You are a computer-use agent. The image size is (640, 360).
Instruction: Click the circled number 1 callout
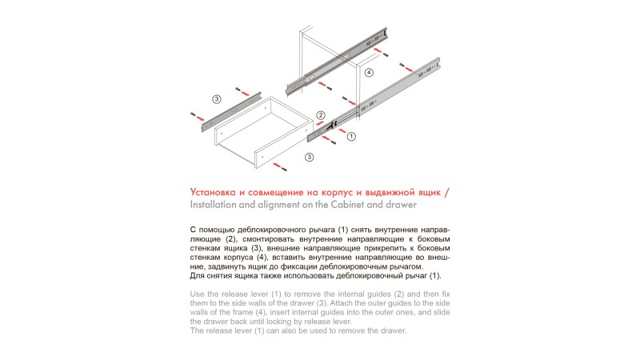tap(350, 137)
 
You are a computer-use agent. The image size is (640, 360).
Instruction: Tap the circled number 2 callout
tap(321, 115)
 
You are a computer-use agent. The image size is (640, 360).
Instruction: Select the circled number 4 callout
tap(369, 72)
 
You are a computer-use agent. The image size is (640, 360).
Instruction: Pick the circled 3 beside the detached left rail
tap(216, 99)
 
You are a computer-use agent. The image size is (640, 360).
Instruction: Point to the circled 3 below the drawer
tap(310, 158)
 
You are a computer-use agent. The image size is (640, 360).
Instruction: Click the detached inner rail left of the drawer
tap(233, 111)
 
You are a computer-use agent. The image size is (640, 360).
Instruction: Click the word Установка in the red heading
tap(214, 193)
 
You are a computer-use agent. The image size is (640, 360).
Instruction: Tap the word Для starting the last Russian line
tap(198, 275)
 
